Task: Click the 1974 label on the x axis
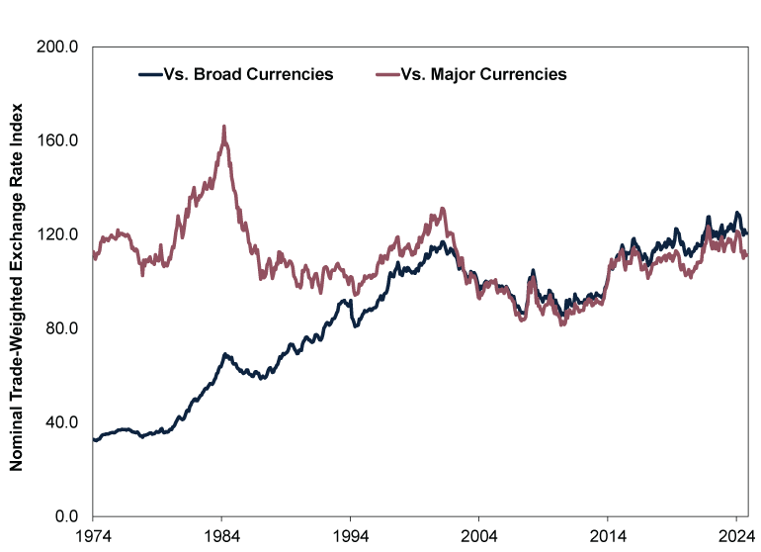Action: point(92,535)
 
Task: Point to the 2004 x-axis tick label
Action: point(478,535)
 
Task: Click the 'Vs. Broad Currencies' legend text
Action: point(248,74)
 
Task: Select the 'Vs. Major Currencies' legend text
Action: point(484,74)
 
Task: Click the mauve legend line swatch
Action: point(386,74)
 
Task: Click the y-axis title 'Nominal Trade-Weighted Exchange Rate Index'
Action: point(17,282)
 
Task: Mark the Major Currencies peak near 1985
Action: point(224,127)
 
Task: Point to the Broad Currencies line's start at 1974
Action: point(93,439)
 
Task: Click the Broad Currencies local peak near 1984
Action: point(225,353)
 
